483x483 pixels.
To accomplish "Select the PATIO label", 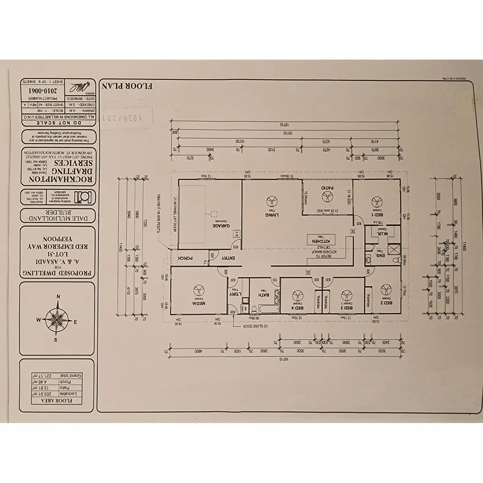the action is (326, 188).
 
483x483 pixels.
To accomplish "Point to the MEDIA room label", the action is (198, 303).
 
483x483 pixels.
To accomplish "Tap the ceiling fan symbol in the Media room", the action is (198, 290).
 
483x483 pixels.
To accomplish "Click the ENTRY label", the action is (228, 258).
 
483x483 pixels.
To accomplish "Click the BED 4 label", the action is (299, 308).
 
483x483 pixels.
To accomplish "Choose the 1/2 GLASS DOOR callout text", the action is (256, 327).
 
